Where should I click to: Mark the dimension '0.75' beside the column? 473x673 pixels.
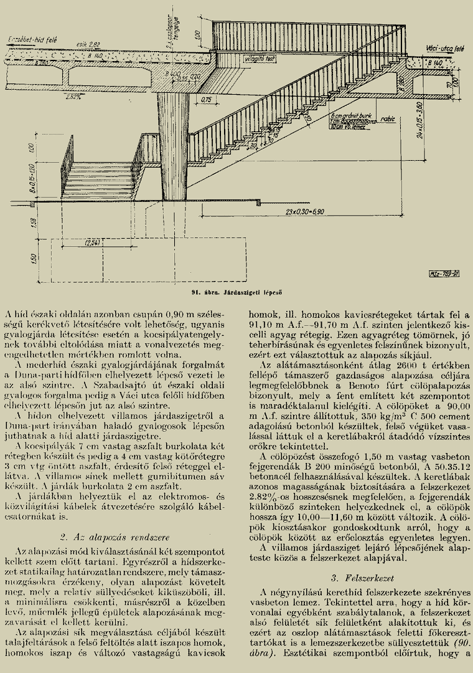[x=207, y=98]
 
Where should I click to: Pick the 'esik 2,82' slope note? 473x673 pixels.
[x=90, y=44]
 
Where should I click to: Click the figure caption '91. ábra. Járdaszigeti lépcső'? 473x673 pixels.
[x=236, y=291]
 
